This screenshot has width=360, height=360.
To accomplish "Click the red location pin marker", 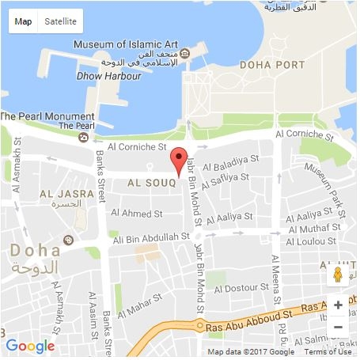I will (180, 158).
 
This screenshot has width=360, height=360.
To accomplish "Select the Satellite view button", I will (61, 21).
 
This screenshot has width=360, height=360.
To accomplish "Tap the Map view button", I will (24, 21).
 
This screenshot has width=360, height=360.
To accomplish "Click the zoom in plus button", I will (338, 305).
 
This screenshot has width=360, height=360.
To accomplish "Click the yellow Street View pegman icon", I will (338, 275).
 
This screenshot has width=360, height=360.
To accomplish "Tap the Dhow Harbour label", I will (109, 76).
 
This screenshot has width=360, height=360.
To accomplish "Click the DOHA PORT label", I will (271, 64).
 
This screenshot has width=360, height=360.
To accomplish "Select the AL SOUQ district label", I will (151, 184).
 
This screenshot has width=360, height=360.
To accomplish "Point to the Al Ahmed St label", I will (137, 213).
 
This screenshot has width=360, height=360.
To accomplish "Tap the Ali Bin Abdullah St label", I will (152, 237).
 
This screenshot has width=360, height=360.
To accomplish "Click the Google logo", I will (30, 346).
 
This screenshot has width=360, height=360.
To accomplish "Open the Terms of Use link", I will (328, 352).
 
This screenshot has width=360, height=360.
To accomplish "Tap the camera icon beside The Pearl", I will (84, 137).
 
